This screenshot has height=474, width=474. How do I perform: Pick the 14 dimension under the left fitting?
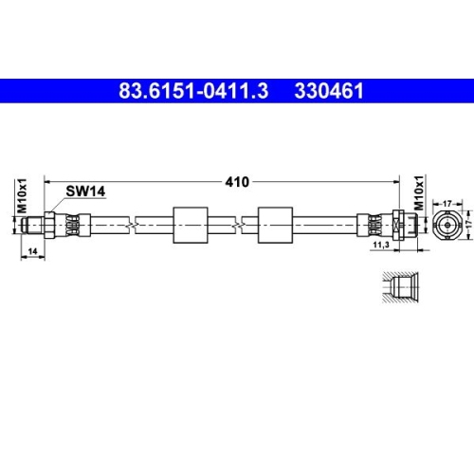[33, 251]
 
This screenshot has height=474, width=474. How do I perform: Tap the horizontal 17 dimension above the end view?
[447, 201]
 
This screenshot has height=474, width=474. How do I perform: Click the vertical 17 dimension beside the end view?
[468, 226]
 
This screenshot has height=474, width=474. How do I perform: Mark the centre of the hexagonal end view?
[447, 226]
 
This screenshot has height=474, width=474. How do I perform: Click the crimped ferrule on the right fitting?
[374, 226]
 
